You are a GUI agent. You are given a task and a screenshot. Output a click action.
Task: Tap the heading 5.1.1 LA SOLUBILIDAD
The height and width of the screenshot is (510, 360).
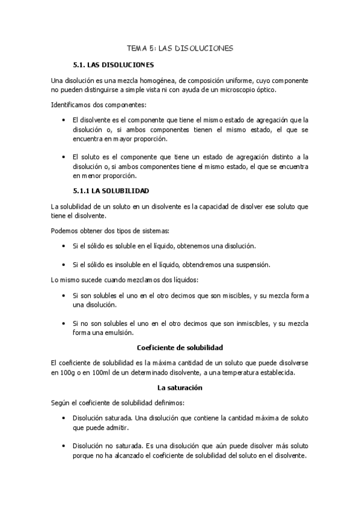tap(111, 190)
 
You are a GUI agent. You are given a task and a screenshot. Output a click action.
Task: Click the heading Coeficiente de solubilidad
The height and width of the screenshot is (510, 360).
tap(180, 348)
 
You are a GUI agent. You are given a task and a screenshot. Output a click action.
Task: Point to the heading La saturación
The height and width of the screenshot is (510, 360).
tap(180, 388)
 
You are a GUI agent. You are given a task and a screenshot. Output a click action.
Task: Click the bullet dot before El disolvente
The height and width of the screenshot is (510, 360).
tap(64, 120)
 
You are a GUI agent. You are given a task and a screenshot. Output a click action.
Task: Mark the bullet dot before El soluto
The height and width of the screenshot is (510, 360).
tap(64, 157)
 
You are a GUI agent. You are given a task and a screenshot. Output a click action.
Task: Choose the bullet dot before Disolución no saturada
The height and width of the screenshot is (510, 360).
tap(64, 446)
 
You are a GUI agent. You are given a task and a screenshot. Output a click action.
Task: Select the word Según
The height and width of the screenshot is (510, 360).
tap(61, 402)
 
